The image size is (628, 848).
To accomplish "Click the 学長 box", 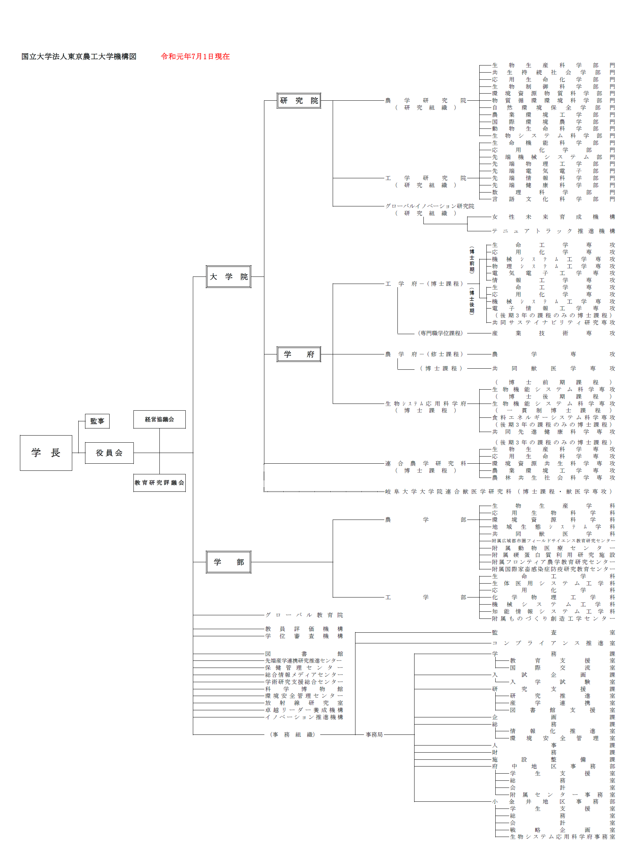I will point(46,453).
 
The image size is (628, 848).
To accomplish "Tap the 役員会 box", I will point(109,453).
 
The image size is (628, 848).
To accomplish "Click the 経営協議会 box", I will point(159,419).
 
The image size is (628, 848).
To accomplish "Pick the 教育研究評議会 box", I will point(159,483).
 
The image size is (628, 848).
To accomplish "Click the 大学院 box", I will point(228,277).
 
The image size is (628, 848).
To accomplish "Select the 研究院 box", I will point(299,101).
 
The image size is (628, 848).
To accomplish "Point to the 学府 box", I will point(299,354).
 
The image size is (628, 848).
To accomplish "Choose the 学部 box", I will point(228,562).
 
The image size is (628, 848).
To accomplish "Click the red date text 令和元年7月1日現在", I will point(195,57).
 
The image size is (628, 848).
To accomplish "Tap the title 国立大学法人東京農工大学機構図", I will point(79,57).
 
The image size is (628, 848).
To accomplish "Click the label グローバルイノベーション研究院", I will point(429,206).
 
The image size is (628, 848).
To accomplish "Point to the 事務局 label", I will point(374,734).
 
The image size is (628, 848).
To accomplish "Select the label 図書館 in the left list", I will point(304,654).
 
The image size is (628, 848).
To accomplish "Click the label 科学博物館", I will point(304,689).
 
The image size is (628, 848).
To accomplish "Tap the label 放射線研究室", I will point(304,703).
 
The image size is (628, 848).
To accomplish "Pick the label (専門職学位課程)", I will point(440,333).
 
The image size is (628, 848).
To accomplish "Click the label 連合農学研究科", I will point(426,463).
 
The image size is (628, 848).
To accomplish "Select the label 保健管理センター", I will point(304,668).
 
